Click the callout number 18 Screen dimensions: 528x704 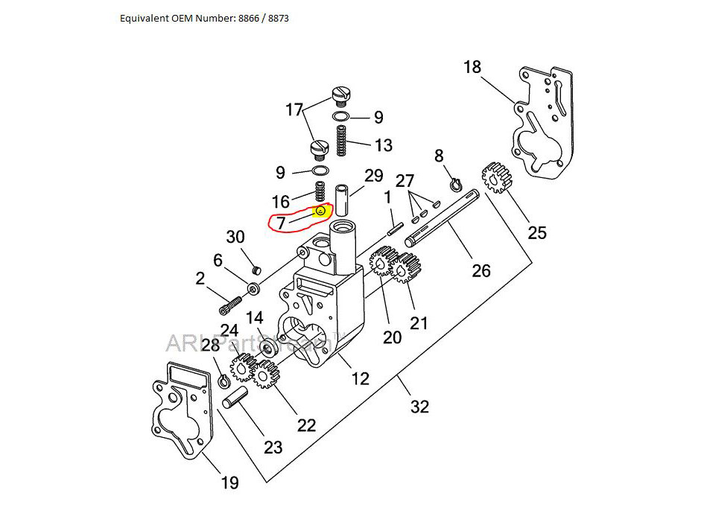(472, 67)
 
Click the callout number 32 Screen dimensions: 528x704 (420, 407)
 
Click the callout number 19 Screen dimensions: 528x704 (229, 483)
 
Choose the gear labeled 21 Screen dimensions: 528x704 (405, 269)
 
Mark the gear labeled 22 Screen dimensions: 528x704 (264, 374)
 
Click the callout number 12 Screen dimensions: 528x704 (360, 378)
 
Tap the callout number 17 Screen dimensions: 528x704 (294, 109)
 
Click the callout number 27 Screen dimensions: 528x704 (405, 180)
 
